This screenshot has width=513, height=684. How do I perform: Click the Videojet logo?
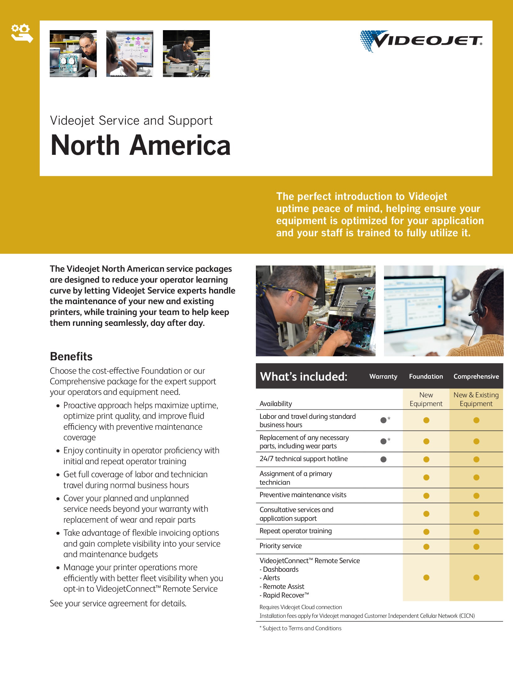(421, 41)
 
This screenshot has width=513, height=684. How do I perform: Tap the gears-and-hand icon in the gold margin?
(22, 33)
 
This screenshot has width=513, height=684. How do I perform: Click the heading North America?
(141, 145)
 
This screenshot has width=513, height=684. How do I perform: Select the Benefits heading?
(71, 356)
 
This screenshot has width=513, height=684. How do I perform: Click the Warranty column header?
(383, 376)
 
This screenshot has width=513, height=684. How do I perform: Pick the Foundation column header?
(426, 376)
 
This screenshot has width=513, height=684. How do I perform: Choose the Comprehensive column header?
(476, 376)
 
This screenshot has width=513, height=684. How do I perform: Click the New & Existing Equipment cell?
(476, 399)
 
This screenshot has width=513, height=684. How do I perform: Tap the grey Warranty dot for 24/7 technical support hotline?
(383, 459)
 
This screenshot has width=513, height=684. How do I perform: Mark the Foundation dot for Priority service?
(426, 547)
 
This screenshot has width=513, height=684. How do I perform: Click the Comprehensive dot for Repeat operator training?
(476, 532)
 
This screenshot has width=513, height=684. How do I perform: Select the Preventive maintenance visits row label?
(303, 495)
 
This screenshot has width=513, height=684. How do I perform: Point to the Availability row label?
(276, 404)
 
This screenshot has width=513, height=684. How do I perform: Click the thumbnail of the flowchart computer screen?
(130, 53)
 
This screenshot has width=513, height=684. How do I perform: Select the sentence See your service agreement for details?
(118, 603)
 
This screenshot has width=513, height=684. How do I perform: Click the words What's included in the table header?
(303, 376)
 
